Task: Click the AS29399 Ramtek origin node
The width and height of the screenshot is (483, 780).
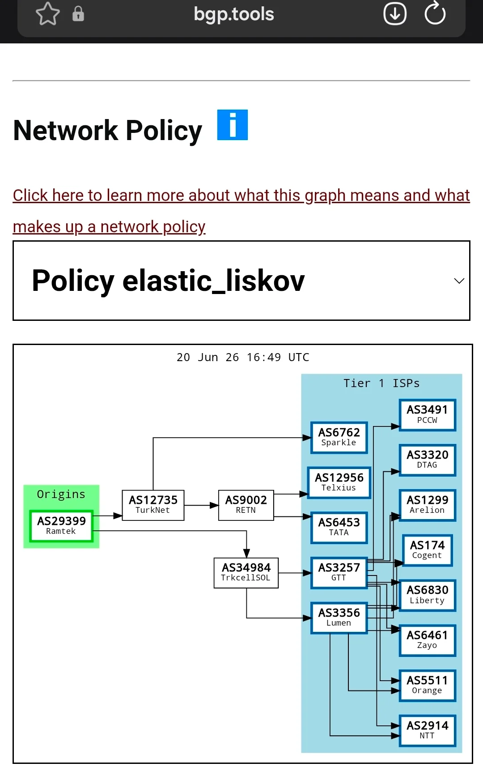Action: click(x=61, y=526)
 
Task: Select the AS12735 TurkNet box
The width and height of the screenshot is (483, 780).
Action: click(x=153, y=505)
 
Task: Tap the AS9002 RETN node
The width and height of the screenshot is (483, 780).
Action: click(x=246, y=505)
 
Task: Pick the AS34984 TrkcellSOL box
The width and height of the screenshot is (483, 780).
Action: click(x=246, y=572)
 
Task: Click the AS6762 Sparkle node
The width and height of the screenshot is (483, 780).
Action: click(x=339, y=437)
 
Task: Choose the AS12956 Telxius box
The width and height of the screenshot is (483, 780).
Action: click(x=339, y=482)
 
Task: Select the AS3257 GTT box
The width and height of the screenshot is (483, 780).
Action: click(x=339, y=573)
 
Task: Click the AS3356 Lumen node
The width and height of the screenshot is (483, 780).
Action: click(x=339, y=618)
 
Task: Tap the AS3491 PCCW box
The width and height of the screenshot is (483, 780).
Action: click(x=428, y=415)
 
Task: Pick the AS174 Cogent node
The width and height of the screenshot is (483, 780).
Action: click(x=428, y=550)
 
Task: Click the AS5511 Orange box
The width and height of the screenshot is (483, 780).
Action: click(x=428, y=685)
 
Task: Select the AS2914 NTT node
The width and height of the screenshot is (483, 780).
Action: click(x=428, y=730)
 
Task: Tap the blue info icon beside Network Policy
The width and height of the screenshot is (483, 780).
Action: click(x=233, y=125)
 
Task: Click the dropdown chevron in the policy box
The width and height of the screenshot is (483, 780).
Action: click(x=459, y=281)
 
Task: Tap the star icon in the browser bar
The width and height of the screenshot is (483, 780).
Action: click(x=48, y=14)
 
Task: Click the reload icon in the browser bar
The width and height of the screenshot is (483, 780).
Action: click(x=435, y=13)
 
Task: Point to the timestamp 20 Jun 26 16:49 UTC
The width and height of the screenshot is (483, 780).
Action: click(x=243, y=357)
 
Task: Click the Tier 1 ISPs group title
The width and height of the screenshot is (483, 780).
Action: click(x=381, y=383)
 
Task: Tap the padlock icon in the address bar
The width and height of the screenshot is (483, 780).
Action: click(x=78, y=14)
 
